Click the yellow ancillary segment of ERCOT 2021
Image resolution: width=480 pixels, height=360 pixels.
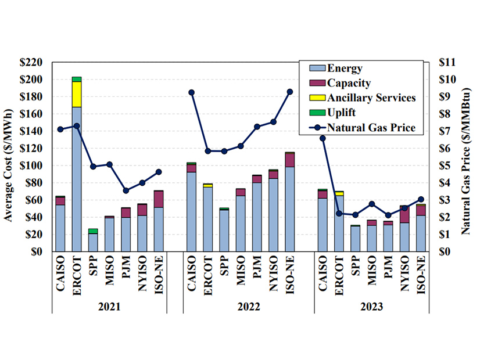click(x=77, y=94)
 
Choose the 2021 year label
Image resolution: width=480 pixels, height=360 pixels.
click(x=109, y=306)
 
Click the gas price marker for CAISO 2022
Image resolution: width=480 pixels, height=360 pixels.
click(x=191, y=92)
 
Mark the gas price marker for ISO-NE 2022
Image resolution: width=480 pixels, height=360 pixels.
click(x=290, y=92)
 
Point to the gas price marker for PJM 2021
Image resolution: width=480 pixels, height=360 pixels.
click(x=126, y=190)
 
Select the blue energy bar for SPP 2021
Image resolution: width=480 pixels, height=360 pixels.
click(x=93, y=242)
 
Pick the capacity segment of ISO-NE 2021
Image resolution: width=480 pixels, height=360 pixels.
click(x=158, y=199)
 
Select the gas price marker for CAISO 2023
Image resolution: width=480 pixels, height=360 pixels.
click(x=323, y=138)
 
